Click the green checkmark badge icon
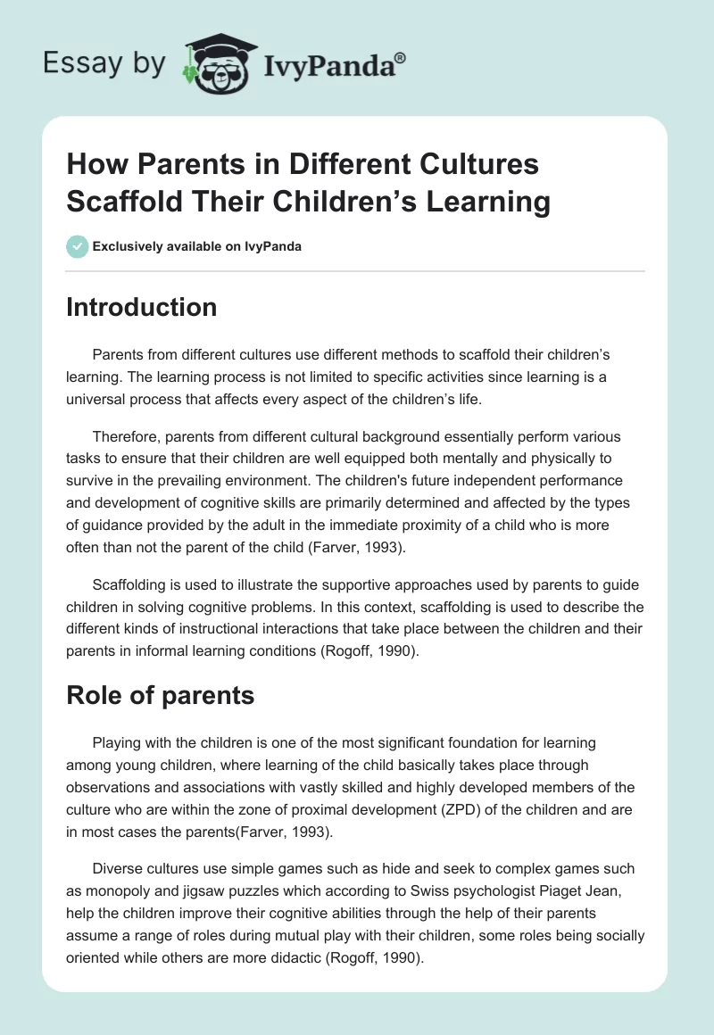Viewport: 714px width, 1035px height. pyautogui.click(x=78, y=246)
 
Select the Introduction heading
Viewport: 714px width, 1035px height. pyautogui.click(x=142, y=307)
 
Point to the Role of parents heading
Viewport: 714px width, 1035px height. pyautogui.click(x=161, y=695)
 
